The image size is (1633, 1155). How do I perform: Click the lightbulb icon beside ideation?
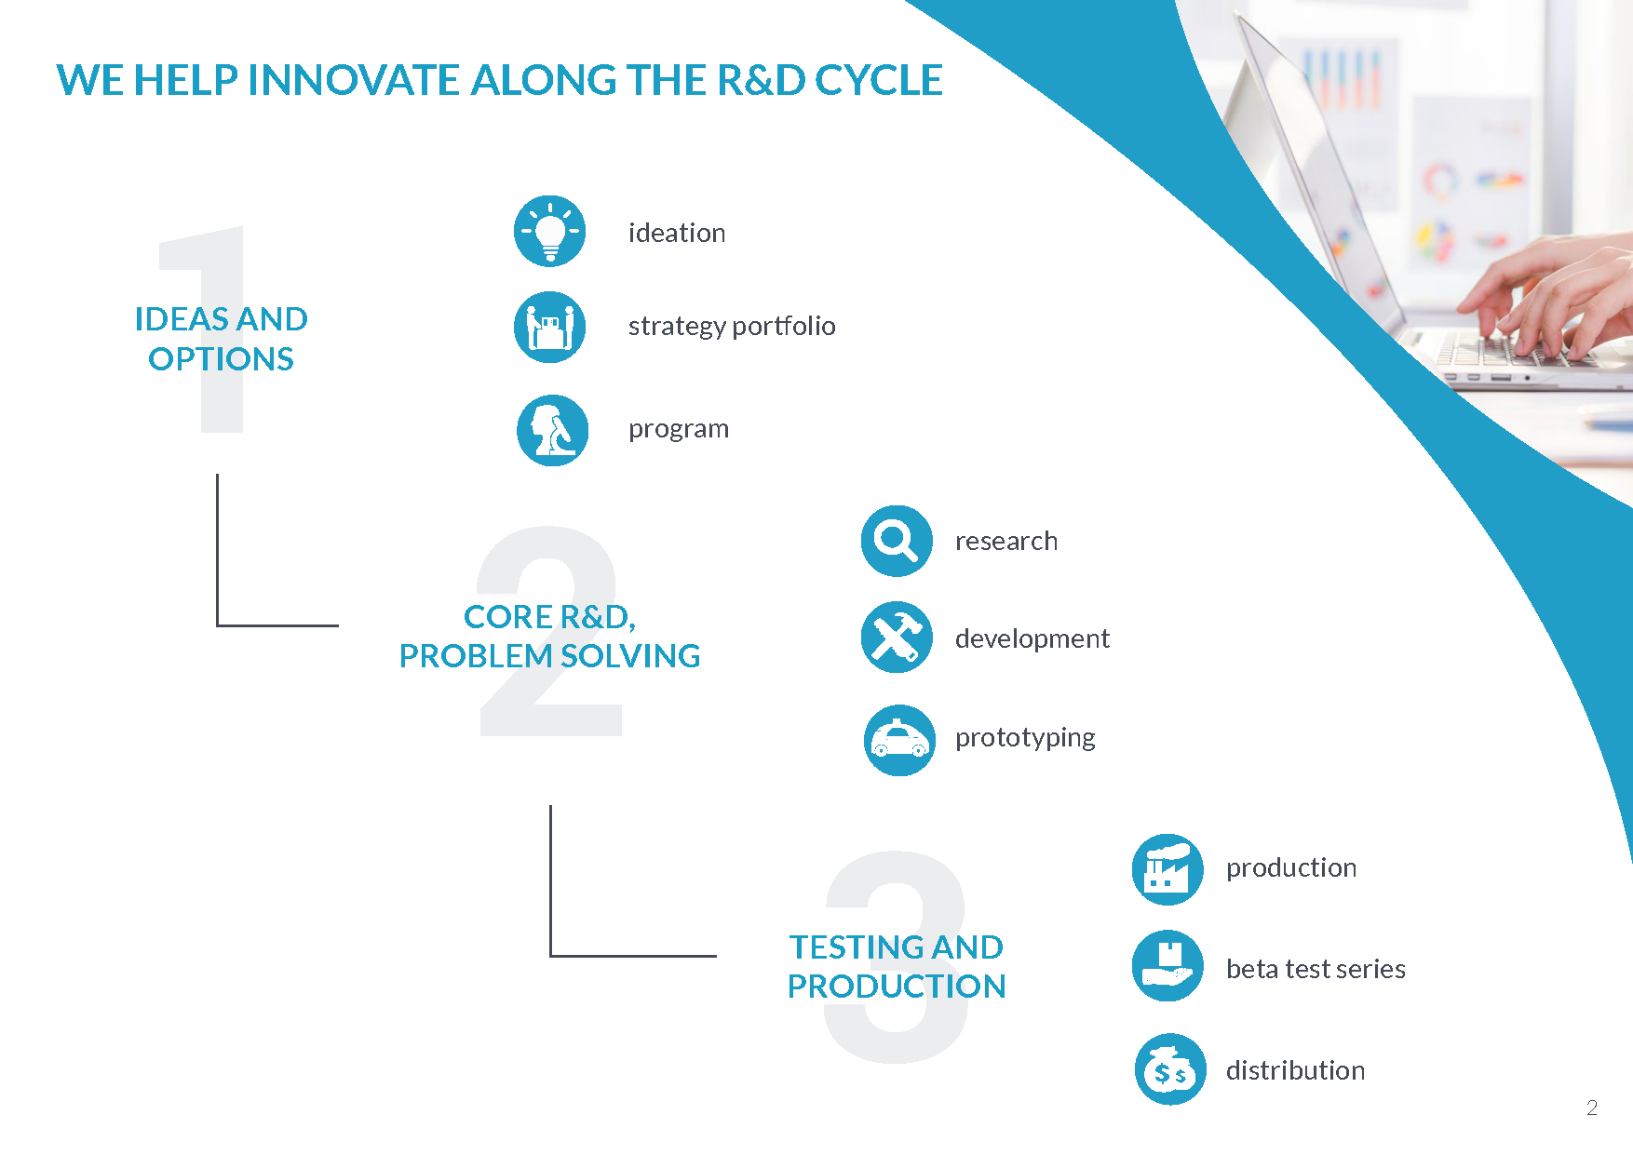pyautogui.click(x=550, y=231)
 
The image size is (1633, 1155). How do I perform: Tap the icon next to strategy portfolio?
pyautogui.click(x=550, y=327)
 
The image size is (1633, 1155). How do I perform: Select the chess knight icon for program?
pyautogui.click(x=553, y=430)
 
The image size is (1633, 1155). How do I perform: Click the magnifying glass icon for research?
pyautogui.click(x=897, y=541)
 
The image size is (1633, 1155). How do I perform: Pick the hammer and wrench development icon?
pyautogui.click(x=897, y=638)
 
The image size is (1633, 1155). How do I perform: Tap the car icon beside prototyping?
pyautogui.click(x=899, y=740)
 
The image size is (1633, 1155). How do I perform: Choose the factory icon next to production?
pyautogui.click(x=1167, y=869)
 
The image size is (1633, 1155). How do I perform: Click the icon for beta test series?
pyautogui.click(x=1167, y=966)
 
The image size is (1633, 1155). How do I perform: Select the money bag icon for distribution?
pyautogui.click(x=1170, y=1069)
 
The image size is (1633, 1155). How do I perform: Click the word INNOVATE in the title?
pyautogui.click(x=358, y=80)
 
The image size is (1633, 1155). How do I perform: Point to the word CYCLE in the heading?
pyautogui.click(x=879, y=80)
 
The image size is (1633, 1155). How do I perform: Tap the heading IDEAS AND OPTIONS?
pyautogui.click(x=221, y=339)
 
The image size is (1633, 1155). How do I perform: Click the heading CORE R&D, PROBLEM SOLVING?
pyautogui.click(x=549, y=637)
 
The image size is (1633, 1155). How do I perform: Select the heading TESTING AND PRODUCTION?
pyautogui.click(x=896, y=967)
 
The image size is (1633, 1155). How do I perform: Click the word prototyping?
pyautogui.click(x=1025, y=738)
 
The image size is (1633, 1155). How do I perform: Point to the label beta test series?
pyautogui.click(x=1316, y=969)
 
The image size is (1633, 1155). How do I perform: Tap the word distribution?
pyautogui.click(x=1295, y=1070)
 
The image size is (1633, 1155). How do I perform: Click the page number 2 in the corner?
pyautogui.click(x=1592, y=1108)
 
